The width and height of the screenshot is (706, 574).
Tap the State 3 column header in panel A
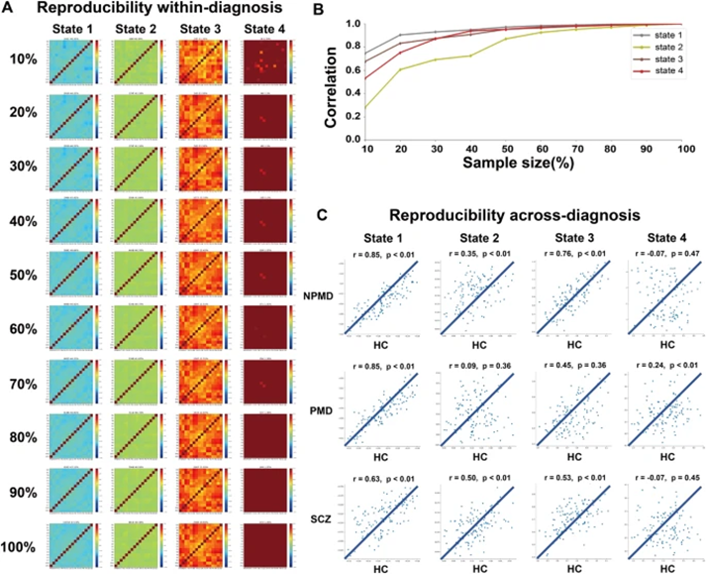203,31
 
